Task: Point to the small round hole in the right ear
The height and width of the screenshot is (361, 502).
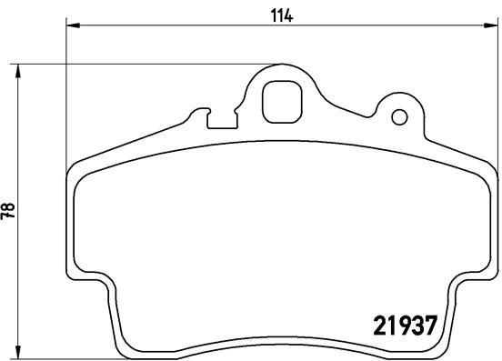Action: pos(398,116)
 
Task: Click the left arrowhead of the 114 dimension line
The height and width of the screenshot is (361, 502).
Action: pos(74,25)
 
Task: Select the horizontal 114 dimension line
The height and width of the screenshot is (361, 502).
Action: pos(182,25)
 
